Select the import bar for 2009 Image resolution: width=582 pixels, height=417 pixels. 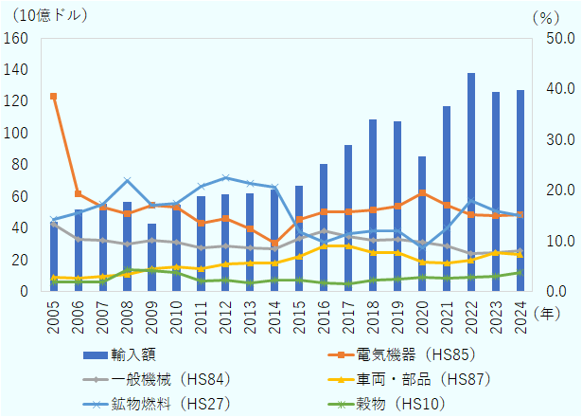[151, 258]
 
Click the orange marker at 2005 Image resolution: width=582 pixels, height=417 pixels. [53, 97]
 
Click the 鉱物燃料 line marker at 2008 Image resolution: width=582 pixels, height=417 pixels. [127, 181]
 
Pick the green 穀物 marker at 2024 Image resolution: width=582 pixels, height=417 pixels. [520, 272]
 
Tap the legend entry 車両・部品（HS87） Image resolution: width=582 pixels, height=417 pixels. [398, 379]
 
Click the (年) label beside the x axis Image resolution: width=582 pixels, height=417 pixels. [546, 311]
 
